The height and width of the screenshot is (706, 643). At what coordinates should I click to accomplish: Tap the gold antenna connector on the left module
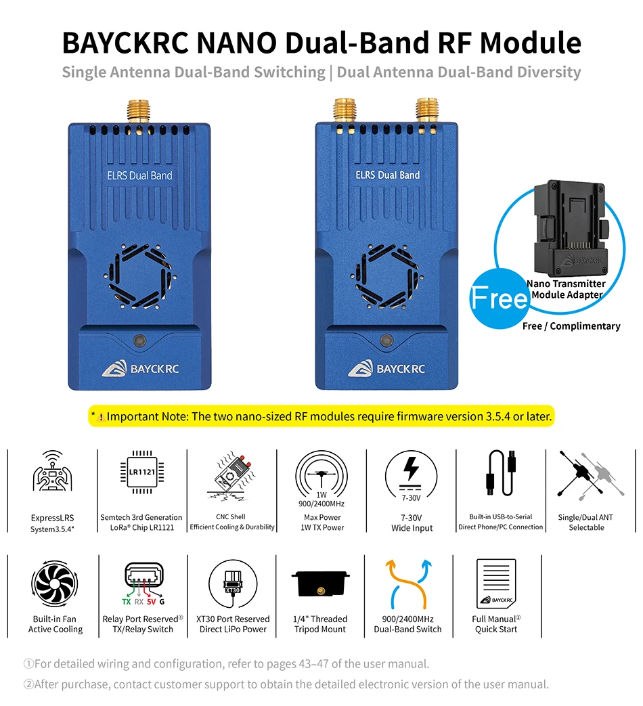pyautogui.click(x=139, y=111)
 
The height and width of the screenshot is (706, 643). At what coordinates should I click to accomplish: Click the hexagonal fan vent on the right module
pyautogui.click(x=386, y=276)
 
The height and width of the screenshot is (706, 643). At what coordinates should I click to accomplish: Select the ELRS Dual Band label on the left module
pyautogui.click(x=139, y=175)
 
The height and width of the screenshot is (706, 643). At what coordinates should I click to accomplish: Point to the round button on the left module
pyautogui.click(x=139, y=340)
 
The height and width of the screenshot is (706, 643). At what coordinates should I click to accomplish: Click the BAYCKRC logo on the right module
pyautogui.click(x=386, y=369)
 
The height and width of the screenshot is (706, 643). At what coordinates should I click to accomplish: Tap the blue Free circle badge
pyautogui.click(x=499, y=299)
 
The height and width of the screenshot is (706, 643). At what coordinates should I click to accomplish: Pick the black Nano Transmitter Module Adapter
pyautogui.click(x=570, y=227)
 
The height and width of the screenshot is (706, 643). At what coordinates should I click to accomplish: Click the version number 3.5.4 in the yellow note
pyautogui.click(x=498, y=416)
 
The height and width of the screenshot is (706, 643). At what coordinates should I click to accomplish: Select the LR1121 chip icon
pyautogui.click(x=142, y=472)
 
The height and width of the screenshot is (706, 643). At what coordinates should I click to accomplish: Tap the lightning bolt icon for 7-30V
pyautogui.click(x=411, y=468)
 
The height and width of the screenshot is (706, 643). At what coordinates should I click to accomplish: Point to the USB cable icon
pyautogui.click(x=501, y=472)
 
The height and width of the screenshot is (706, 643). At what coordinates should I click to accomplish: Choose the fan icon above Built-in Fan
pyautogui.click(x=54, y=584)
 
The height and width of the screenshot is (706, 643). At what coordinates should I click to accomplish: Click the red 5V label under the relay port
pyautogui.click(x=152, y=602)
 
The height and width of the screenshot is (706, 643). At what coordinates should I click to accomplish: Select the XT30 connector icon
pyautogui.click(x=233, y=584)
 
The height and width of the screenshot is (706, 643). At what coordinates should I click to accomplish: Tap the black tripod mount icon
pyautogui.click(x=321, y=583)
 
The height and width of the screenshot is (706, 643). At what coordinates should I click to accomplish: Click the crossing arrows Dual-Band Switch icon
pyautogui.click(x=408, y=584)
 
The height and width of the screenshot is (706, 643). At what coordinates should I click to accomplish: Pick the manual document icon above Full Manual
pyautogui.click(x=496, y=583)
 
